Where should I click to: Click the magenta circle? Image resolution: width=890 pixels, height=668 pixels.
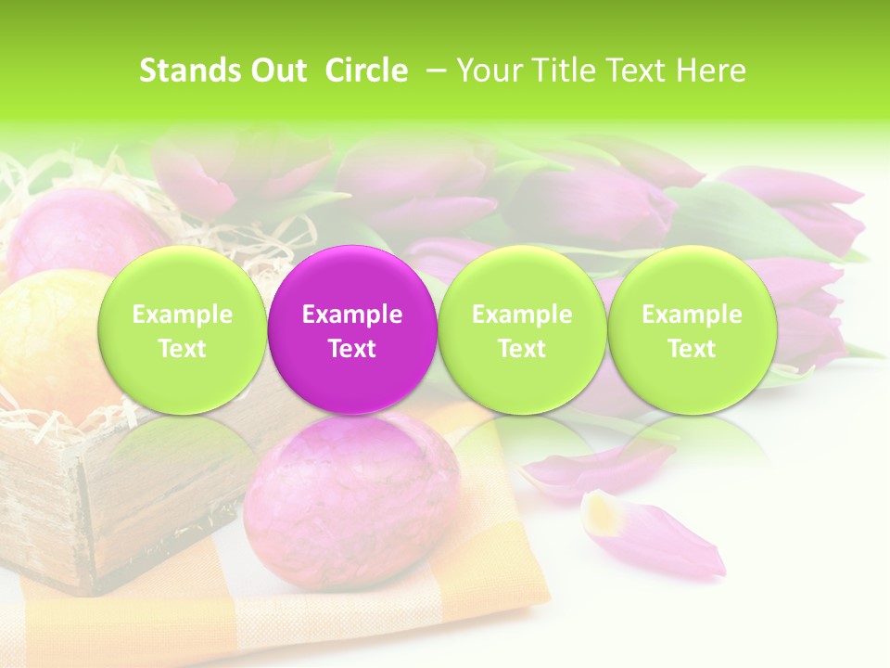(351, 330)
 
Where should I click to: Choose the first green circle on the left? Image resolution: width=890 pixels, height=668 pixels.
(182, 330)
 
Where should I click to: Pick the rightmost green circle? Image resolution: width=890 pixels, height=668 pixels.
(692, 330)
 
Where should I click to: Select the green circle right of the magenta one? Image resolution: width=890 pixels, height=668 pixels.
(521, 330)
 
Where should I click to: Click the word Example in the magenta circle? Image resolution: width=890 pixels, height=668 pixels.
(351, 315)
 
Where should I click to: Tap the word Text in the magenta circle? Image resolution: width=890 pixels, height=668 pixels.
(351, 349)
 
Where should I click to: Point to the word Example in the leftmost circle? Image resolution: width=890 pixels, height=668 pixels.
(182, 315)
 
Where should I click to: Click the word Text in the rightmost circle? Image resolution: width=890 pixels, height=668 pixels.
(692, 349)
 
